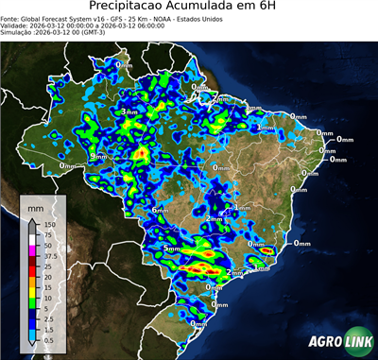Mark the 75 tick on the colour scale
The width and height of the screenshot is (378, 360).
49,235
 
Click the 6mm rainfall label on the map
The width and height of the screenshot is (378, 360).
159,210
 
